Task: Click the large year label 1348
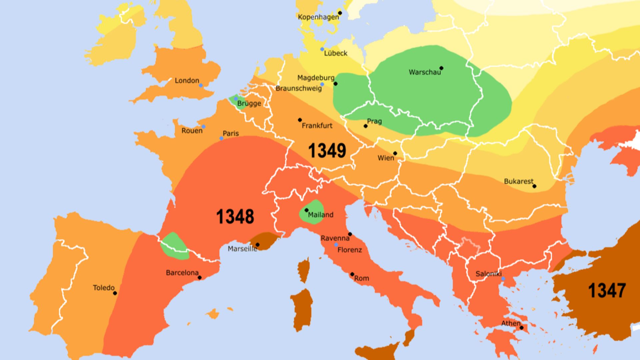[235, 217]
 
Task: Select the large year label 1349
[327, 151]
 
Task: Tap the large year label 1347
[607, 291]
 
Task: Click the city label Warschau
[424, 72]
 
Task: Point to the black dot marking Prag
[366, 126]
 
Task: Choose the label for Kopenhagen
[318, 17]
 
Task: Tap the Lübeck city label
[336, 53]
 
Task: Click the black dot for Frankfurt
[300, 120]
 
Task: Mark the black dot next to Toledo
[115, 293]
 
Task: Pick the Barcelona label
[182, 273]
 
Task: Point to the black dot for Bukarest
[534, 186]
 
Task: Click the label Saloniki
[488, 274]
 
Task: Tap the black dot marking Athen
[522, 328]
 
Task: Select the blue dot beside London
[201, 86]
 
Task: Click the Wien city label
[386, 158]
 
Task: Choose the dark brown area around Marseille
[265, 240]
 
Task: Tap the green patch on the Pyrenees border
[174, 246]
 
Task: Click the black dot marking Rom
[352, 274]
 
